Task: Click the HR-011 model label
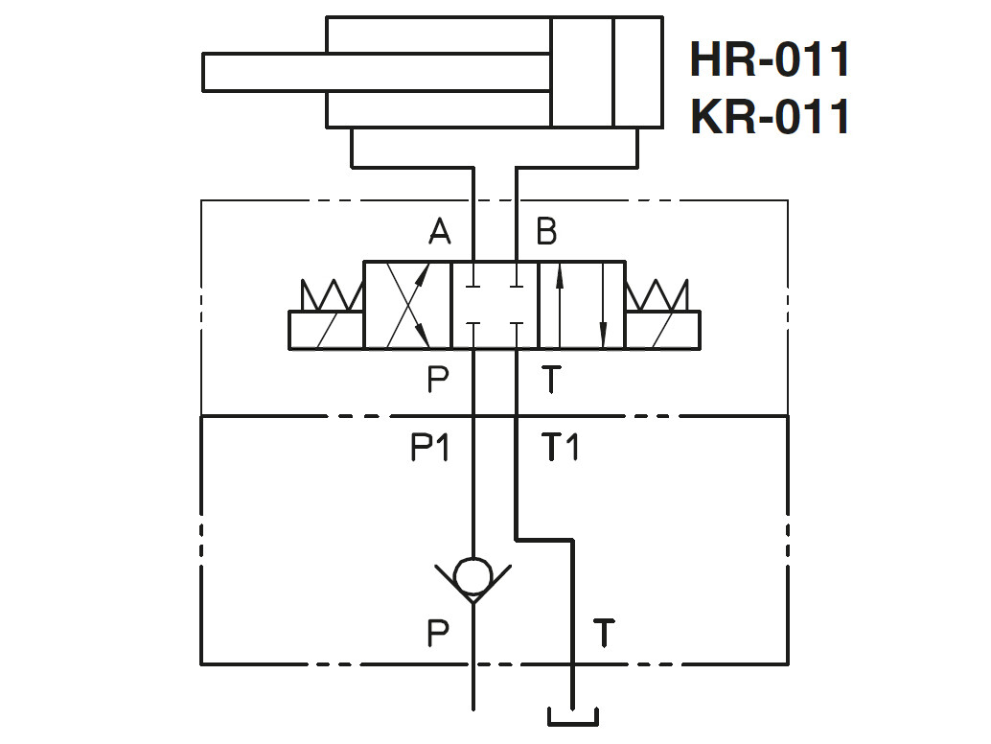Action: [x=770, y=59]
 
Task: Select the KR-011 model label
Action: [x=770, y=117]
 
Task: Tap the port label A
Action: [x=440, y=231]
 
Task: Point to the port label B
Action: [x=546, y=231]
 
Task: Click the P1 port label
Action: [x=430, y=447]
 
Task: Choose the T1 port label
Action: [x=560, y=447]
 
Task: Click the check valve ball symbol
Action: [x=473, y=577]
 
